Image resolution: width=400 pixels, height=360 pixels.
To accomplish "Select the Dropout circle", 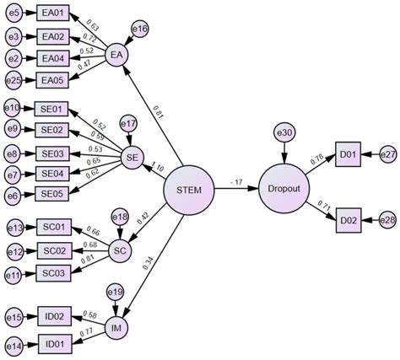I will click(x=284, y=189).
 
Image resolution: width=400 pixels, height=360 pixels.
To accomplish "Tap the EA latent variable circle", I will click(x=116, y=56).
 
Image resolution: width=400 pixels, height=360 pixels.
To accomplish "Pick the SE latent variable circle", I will click(x=131, y=156).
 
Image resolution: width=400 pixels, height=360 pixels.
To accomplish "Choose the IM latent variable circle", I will click(x=116, y=327).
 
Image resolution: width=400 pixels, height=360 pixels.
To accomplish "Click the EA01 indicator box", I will click(x=51, y=16).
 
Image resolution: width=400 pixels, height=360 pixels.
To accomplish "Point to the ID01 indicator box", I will click(x=51, y=346).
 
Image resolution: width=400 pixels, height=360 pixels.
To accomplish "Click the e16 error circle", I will click(x=140, y=30).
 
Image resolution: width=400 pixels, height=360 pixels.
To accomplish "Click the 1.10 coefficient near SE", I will click(x=158, y=168).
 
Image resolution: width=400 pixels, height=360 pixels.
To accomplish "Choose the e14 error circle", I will click(x=13, y=346).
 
